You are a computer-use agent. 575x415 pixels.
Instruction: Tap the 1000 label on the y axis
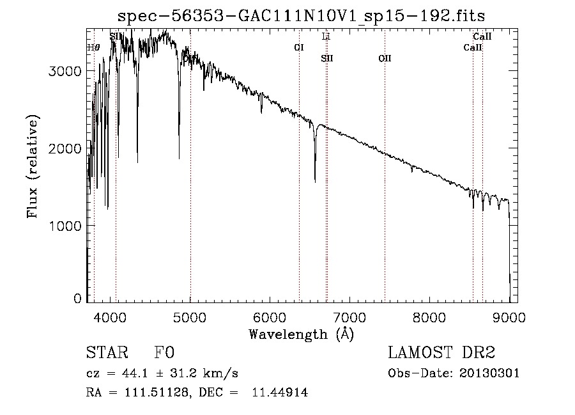(x=66, y=226)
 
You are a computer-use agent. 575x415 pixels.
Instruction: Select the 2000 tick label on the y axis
(x=66, y=148)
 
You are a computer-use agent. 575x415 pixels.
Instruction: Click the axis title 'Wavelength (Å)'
(x=301, y=333)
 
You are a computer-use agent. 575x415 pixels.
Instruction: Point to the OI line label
(x=298, y=47)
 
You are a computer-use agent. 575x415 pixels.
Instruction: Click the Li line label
(x=326, y=36)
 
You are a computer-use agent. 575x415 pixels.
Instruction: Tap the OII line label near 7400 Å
(x=385, y=58)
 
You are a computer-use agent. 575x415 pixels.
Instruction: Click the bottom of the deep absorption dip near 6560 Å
(x=315, y=182)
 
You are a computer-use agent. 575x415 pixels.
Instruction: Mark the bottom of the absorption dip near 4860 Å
(x=179, y=158)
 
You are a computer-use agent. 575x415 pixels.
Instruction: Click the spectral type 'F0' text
(x=164, y=353)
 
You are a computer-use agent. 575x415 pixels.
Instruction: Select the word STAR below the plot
(x=106, y=353)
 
